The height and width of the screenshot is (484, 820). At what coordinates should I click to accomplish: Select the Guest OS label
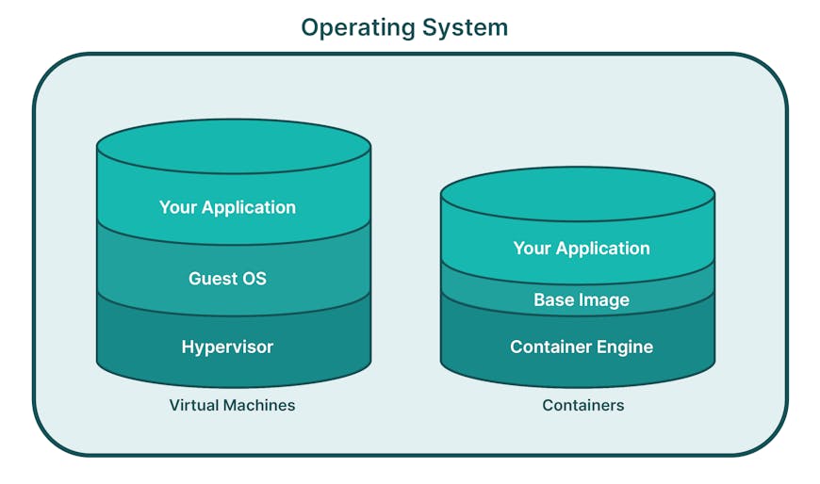(227, 278)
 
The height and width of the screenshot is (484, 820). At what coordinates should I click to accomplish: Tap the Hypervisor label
(227, 347)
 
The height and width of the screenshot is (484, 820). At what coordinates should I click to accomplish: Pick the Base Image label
(581, 300)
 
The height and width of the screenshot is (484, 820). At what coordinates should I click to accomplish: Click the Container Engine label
(581, 347)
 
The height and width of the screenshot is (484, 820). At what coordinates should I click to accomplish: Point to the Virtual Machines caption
(232, 405)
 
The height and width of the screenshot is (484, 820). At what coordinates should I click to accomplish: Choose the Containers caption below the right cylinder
(582, 405)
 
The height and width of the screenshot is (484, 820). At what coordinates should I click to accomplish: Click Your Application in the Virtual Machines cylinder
(227, 207)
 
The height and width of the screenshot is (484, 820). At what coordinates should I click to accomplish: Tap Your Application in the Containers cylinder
(581, 249)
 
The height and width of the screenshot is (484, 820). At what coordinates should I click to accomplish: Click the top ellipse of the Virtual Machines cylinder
(233, 147)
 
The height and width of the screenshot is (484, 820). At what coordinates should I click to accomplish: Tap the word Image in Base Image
(603, 300)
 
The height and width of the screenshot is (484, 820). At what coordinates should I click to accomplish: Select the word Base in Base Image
(553, 300)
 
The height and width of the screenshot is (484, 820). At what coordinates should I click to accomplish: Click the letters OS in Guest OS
(254, 278)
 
